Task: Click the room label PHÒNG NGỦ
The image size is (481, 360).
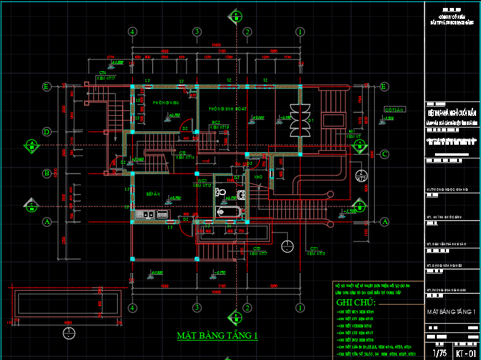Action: click(166, 102)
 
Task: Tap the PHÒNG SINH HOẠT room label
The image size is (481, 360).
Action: click(226, 109)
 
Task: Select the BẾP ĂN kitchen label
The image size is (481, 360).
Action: click(153, 194)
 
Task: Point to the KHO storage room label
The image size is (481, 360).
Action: click(258, 177)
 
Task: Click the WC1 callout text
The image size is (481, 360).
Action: click(202, 181)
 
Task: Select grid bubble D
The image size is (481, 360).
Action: click(46, 132)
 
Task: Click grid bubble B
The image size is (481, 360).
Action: click(46, 174)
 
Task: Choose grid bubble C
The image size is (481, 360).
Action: click(385, 154)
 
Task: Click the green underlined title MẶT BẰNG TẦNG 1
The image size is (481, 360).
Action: click(217, 335)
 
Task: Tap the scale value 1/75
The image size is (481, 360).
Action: click(439, 353)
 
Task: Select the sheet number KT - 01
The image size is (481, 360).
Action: click(465, 353)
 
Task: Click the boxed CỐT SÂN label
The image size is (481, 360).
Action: click(394, 110)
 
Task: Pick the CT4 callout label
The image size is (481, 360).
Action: click(103, 72)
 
